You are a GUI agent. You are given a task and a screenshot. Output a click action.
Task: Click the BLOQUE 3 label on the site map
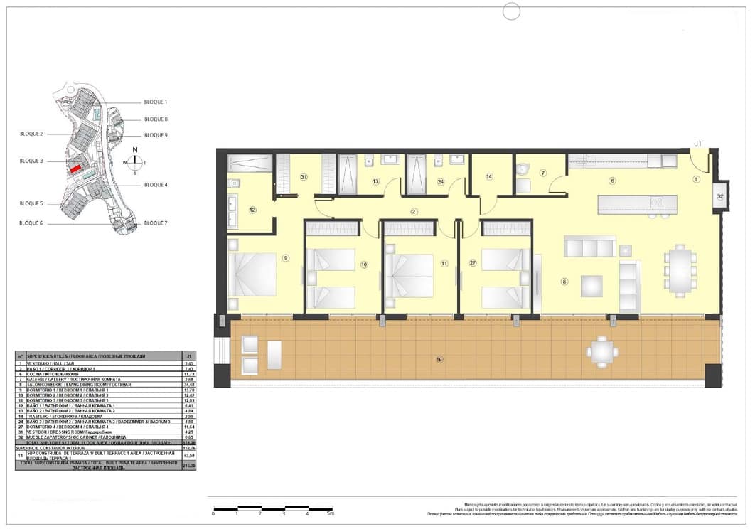pyautogui.click(x=31, y=161)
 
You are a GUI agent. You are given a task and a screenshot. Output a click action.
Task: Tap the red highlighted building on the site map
pyautogui.click(x=75, y=169)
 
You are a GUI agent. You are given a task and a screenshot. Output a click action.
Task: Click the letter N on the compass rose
pyautogui.click(x=135, y=150)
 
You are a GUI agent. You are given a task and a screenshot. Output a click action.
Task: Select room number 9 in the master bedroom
pyautogui.click(x=286, y=257)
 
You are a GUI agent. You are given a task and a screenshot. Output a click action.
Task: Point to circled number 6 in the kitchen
pyautogui.click(x=612, y=181)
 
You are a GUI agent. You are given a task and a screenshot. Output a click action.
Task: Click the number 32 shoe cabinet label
pyautogui.click(x=720, y=195)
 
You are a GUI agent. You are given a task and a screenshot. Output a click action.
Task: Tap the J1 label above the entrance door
pyautogui.click(x=698, y=144)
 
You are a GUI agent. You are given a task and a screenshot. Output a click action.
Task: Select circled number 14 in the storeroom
pyautogui.click(x=490, y=176)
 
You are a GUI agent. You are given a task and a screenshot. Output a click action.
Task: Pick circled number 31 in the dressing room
pyautogui.click(x=303, y=177)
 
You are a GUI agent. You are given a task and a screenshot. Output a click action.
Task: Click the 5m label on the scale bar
pyautogui.click(x=330, y=513)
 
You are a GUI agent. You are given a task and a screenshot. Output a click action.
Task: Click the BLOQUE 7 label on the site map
pyautogui.click(x=156, y=223)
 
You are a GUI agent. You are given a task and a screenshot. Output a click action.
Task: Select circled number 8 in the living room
pyautogui.click(x=564, y=282)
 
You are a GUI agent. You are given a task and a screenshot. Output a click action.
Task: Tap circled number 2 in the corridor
pyautogui.click(x=413, y=212)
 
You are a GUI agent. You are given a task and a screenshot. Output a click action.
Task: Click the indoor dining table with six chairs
pyautogui.click(x=680, y=270)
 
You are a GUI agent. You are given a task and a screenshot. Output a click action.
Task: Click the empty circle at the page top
pyautogui.click(x=511, y=11)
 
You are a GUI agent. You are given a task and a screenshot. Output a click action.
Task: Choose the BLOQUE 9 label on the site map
pyautogui.click(x=156, y=135)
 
